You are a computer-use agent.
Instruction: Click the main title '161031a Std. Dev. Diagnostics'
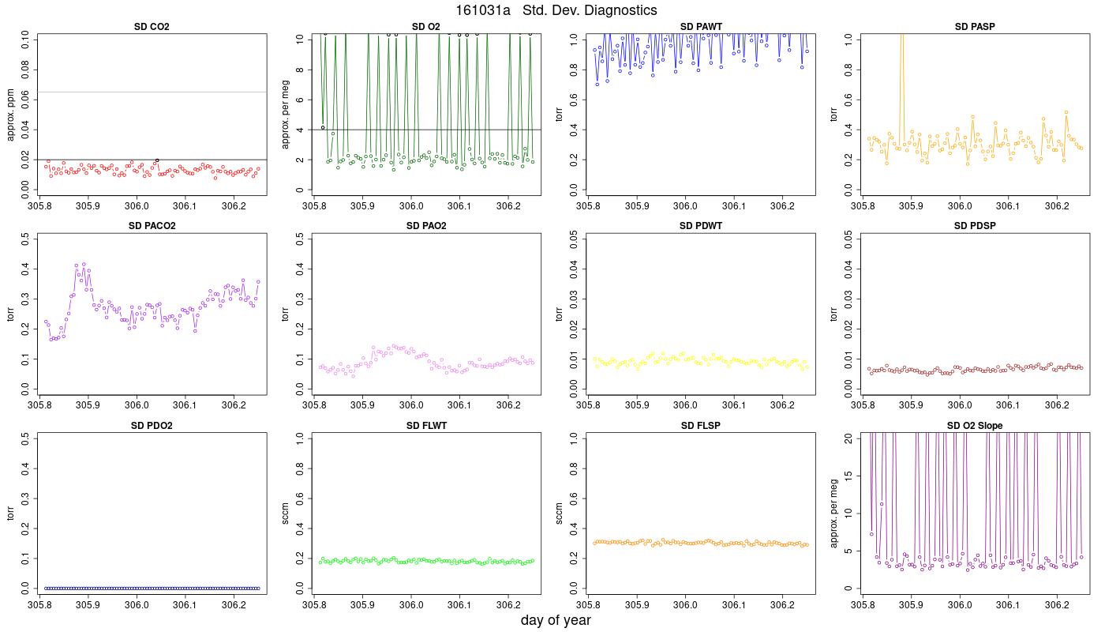556,9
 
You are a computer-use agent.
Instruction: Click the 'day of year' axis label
556,620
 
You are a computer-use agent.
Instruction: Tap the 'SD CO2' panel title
152,27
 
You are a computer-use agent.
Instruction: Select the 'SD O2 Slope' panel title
974,426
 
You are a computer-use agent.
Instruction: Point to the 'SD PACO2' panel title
152,226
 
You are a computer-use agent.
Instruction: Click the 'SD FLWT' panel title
426,426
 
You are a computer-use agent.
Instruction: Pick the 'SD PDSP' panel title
975,226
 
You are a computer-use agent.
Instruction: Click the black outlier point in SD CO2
157,160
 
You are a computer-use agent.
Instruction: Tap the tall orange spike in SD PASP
901,88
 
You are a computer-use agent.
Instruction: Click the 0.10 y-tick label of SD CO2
24,39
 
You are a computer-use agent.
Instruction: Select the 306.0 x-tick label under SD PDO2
137,605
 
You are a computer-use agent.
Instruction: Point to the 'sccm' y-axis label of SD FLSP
559,513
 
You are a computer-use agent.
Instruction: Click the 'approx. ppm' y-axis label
11,115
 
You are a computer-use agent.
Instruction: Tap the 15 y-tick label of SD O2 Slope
848,476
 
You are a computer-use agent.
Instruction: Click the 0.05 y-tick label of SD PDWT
574,239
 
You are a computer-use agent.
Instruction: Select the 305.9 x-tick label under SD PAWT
637,206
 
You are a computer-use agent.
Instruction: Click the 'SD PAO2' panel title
426,226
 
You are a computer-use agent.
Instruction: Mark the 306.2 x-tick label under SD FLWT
508,605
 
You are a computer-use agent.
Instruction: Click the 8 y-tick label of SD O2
299,70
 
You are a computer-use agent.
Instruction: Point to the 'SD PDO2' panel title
152,426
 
